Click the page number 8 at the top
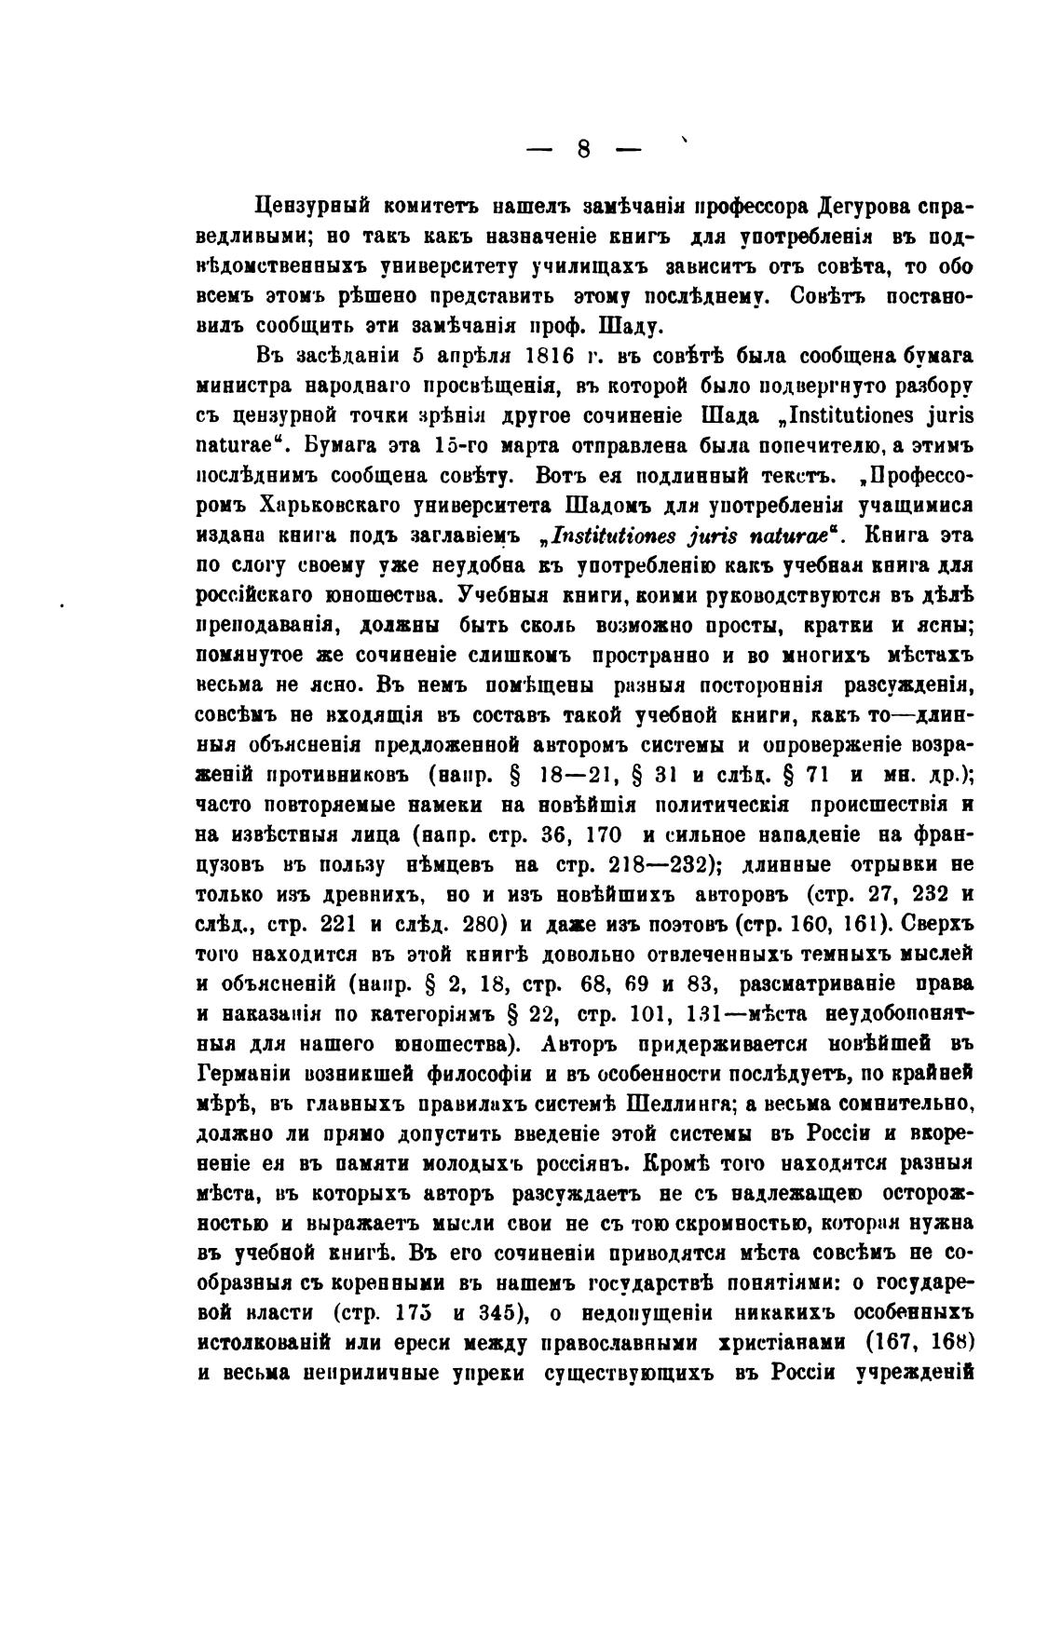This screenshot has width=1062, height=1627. (x=584, y=148)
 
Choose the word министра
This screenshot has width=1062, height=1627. (x=241, y=386)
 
